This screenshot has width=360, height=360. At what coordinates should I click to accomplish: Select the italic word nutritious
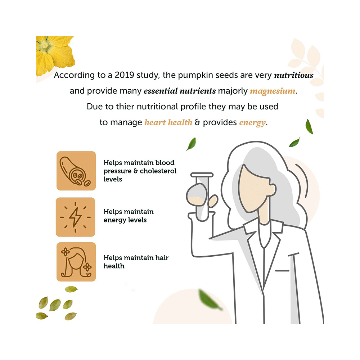[294, 75]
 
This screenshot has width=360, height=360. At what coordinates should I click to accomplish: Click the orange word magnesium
[273, 91]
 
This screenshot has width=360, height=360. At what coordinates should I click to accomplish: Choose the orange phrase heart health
[168, 122]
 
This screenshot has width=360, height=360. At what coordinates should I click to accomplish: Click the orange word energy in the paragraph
[252, 123]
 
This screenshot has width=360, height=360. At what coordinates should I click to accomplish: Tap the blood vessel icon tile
[76, 171]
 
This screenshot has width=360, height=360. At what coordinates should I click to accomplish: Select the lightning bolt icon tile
[75, 217]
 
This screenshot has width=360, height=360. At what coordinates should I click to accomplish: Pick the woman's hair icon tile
[76, 262]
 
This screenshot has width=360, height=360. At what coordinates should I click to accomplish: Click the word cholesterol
[158, 171]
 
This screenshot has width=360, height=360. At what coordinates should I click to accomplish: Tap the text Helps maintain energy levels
[129, 216]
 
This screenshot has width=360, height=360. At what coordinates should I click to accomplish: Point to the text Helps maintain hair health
[136, 262]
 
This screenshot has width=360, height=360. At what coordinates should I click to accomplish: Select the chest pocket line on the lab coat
[282, 271]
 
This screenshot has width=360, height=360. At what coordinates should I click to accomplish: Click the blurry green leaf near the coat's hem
[210, 300]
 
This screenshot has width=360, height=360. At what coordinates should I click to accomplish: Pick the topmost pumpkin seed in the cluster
[71, 289]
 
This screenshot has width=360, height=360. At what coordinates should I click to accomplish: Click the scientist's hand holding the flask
[213, 201]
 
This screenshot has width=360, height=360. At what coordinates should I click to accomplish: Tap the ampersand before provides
[197, 122]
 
